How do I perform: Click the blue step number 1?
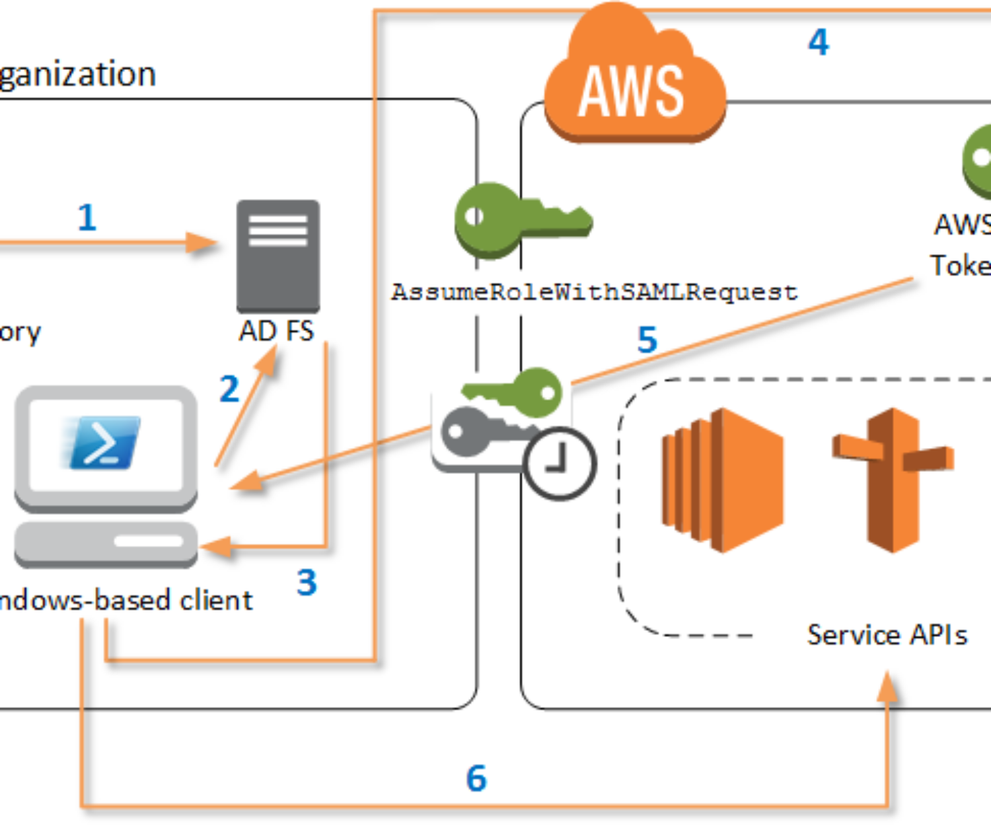[x=87, y=217]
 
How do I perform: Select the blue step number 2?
[x=229, y=389]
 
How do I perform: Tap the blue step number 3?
[x=307, y=582]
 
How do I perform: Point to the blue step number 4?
[x=819, y=42]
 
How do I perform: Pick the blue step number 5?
[x=647, y=340]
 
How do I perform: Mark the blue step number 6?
[x=476, y=778]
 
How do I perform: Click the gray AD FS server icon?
[x=278, y=256]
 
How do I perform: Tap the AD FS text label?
[x=276, y=331]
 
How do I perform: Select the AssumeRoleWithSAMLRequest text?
[x=595, y=291]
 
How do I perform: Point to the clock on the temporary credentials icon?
[x=560, y=463]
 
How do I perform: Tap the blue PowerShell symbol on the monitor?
[x=102, y=442]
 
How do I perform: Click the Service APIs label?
[x=887, y=635]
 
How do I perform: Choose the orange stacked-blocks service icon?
[x=722, y=480]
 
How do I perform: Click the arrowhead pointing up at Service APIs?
[x=888, y=687]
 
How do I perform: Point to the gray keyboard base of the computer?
[x=106, y=544]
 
